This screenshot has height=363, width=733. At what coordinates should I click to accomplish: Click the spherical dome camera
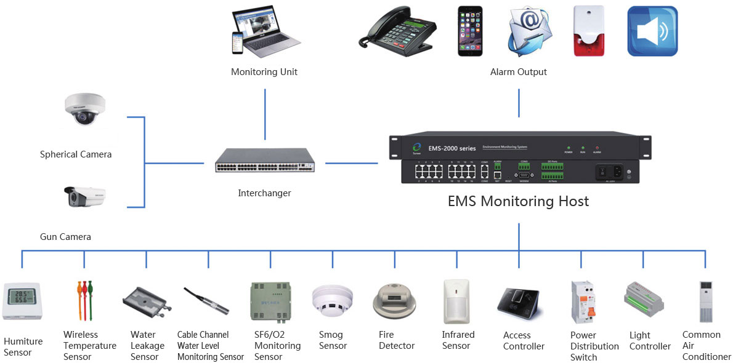tap(86, 110)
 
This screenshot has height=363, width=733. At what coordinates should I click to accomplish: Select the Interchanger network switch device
tap(265, 162)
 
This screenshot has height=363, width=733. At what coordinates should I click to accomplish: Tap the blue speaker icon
tap(652, 31)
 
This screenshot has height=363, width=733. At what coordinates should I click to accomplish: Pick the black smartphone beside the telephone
tap(470, 31)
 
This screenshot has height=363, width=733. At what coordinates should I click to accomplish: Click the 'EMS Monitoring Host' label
tap(518, 201)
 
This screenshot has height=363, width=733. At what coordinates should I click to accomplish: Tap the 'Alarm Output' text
tap(518, 72)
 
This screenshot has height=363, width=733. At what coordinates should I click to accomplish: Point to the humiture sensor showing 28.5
tap(22, 301)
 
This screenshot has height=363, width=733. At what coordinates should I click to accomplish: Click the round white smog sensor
tap(333, 301)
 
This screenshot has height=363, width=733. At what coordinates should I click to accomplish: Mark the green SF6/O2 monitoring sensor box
tap(270, 301)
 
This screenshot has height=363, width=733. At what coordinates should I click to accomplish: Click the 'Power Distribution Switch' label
tap(594, 346)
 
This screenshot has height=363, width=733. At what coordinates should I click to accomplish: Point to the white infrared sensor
tap(456, 301)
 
